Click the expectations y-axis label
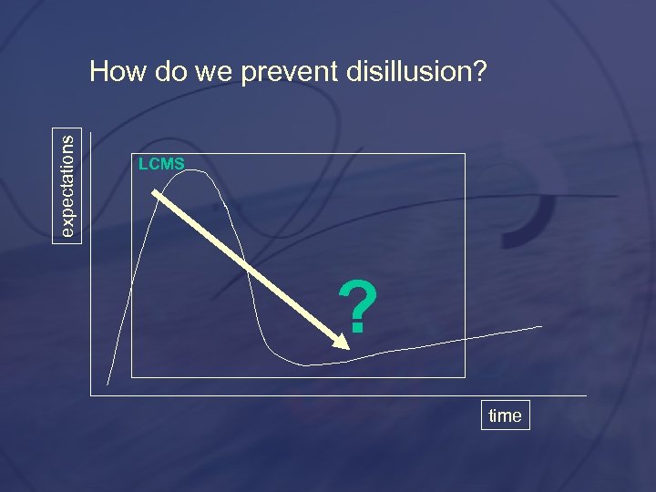coord(69,183)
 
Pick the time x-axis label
coord(505,415)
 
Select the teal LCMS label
coord(160,164)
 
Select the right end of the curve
coord(542,325)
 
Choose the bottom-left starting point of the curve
coord(108,384)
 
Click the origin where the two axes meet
coord(91,395)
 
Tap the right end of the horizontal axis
coord(586,395)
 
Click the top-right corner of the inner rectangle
coord(465,154)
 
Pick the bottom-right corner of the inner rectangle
coord(465,376)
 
